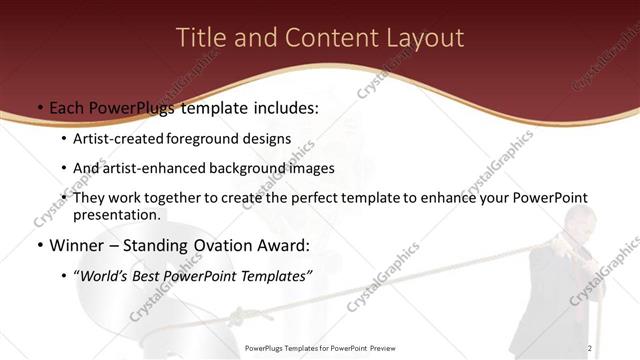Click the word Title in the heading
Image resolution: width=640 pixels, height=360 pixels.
click(199, 38)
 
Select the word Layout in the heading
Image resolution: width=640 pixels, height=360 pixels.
click(427, 38)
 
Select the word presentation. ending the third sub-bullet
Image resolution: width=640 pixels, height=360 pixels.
click(116, 214)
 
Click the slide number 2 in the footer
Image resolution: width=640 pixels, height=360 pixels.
click(590, 347)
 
